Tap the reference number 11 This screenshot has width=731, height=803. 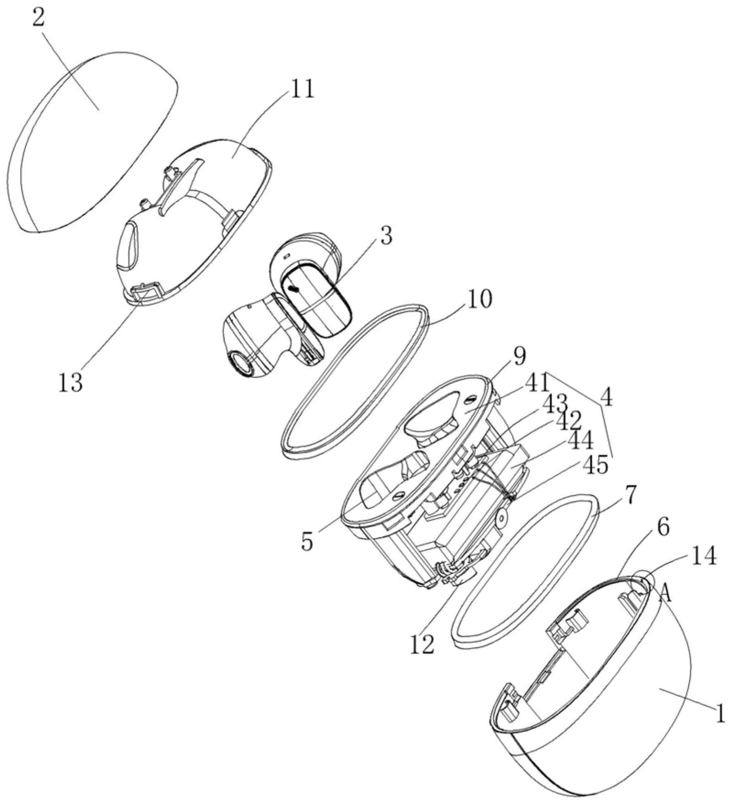301,89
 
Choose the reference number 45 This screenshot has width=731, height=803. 595,465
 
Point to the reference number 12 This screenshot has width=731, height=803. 421,645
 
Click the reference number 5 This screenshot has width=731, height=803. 307,542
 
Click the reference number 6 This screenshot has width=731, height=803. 663,527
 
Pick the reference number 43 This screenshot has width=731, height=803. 555,404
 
